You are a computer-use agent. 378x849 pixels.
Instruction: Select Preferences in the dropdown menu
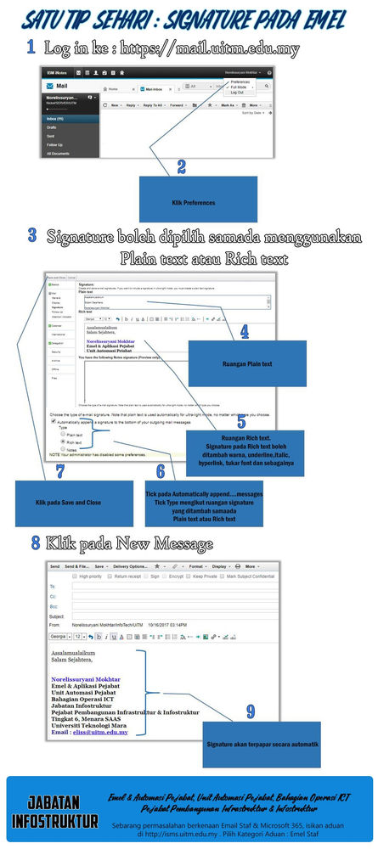240,82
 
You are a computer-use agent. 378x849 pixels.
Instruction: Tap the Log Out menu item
237,92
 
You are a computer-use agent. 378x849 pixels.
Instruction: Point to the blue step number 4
245,332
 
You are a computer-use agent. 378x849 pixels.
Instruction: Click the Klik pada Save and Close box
74,503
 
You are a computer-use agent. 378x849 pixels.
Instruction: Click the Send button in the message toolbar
55,565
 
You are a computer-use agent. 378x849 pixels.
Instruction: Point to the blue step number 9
250,711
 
